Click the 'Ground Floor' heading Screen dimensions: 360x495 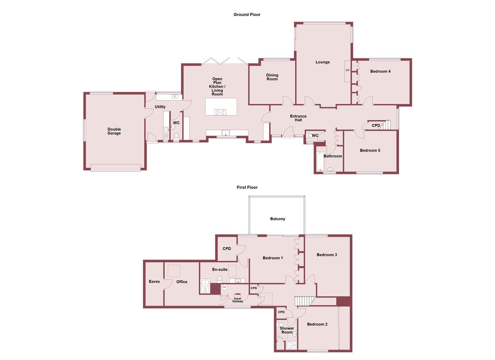click(247, 15)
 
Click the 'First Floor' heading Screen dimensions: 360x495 click(247, 187)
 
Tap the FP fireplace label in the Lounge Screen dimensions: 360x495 click(348, 71)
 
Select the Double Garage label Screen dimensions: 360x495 click(114, 131)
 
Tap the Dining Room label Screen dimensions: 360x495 click(272, 77)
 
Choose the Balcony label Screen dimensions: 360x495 click(277, 219)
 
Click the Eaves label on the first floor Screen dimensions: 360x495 click(154, 282)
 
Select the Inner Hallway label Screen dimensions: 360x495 click(238, 300)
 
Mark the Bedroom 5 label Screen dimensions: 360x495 click(370, 150)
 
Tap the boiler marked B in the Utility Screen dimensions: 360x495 click(174, 97)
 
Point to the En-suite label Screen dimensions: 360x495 click(220, 269)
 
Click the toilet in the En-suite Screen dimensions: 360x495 click(220, 278)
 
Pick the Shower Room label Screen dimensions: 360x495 click(287, 330)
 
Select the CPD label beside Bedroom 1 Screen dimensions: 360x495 click(227, 249)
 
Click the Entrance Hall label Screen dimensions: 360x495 click(298, 118)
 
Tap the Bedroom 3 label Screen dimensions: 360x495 click(327, 255)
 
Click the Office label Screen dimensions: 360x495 click(182, 282)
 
